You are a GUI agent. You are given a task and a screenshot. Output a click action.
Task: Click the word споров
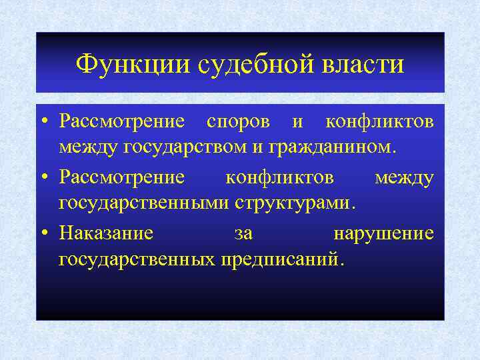tap(239, 123)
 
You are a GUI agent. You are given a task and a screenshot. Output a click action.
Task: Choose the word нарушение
tap(383, 234)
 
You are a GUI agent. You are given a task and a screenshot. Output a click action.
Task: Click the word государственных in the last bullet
tap(137, 258)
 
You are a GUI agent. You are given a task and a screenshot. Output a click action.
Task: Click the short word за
tap(243, 234)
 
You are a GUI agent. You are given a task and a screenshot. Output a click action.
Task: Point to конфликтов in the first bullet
tap(379, 123)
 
